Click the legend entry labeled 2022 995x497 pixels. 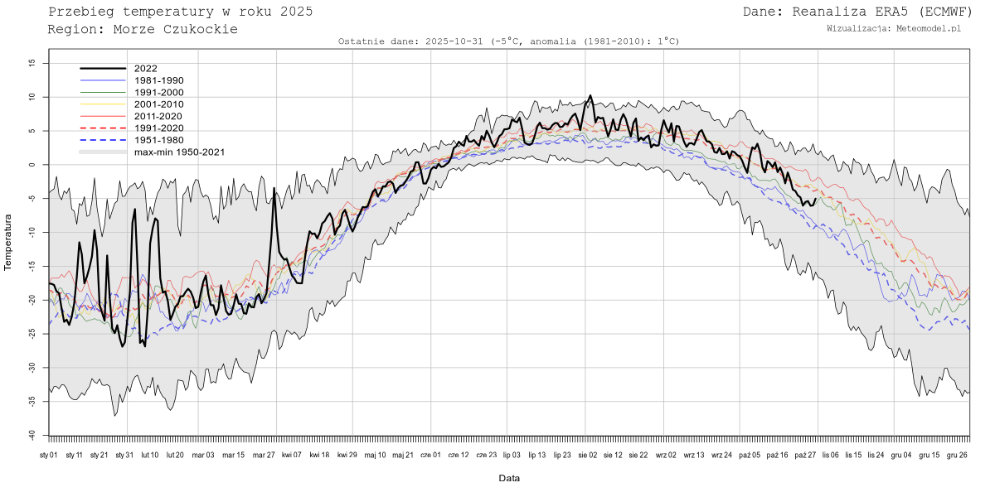[145, 69]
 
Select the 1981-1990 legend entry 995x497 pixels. [156, 80]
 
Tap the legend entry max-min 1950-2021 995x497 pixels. [179, 152]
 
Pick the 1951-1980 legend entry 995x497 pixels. [156, 140]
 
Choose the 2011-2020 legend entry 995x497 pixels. [156, 116]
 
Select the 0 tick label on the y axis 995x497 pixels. [33, 165]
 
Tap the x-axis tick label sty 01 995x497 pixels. [48, 455]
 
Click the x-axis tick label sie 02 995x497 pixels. [587, 455]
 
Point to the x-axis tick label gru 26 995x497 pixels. [957, 455]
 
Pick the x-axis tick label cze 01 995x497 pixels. [431, 455]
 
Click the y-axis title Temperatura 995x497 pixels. [8, 242]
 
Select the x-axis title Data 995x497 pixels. [509, 479]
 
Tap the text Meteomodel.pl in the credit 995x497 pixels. [929, 29]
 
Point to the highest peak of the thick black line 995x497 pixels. [590, 96]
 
